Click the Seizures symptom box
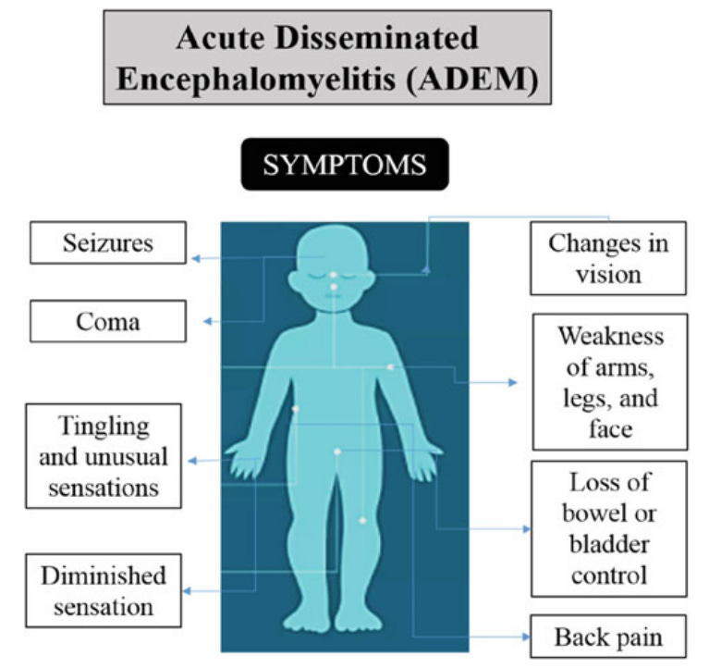pos(108,243)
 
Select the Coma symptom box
pos(108,321)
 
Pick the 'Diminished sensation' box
pos(104,590)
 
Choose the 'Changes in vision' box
pos(607,258)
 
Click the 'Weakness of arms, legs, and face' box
pos(609,381)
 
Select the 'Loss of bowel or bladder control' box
pos(609,528)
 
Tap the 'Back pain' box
pos(607,637)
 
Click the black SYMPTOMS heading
pos(344,165)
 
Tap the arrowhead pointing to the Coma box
pos(207,321)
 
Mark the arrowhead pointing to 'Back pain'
pos(526,637)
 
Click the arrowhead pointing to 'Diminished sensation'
pos(188,590)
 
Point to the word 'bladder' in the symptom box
pos(609,543)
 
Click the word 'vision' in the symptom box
pos(607,274)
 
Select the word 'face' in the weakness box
pos(610,427)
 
